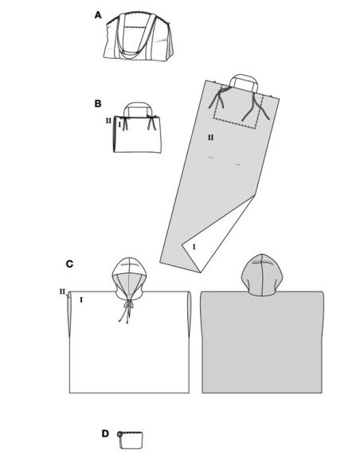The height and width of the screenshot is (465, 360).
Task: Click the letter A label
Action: pos(98,15)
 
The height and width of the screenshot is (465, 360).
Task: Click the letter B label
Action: pos(98,104)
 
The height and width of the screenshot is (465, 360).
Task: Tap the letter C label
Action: pos(70,264)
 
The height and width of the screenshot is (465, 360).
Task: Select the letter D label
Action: pos(105,434)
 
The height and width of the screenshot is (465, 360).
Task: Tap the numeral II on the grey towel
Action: pos(211,138)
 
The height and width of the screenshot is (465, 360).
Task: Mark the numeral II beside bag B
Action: pos(108,122)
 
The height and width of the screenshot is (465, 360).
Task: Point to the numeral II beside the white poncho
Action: pos(61,291)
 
